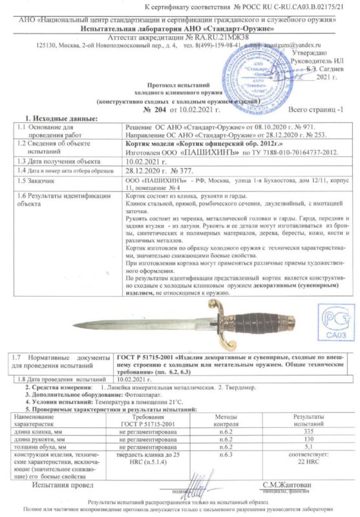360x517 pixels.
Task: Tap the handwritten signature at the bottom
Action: pyautogui.click(x=187, y=483)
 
